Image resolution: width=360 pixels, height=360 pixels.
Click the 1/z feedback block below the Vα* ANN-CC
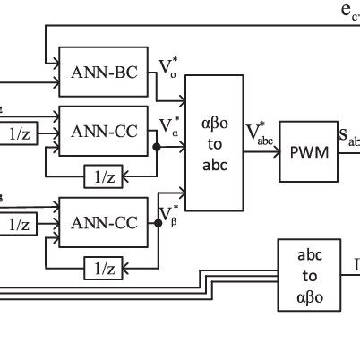point(104,175)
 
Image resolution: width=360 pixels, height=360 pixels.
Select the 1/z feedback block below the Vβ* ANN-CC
point(104,267)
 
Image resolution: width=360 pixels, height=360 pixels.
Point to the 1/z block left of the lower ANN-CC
point(21,226)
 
